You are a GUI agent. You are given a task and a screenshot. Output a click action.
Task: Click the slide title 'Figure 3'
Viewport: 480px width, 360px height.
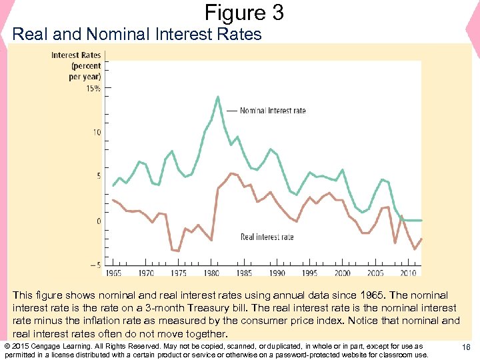click(x=244, y=12)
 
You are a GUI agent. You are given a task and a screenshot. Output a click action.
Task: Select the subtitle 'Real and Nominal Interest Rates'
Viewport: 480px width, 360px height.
click(x=137, y=34)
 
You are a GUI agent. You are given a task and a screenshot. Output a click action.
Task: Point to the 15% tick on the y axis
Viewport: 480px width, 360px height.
click(x=93, y=88)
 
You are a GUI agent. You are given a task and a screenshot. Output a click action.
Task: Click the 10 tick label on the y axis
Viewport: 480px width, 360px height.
click(x=97, y=133)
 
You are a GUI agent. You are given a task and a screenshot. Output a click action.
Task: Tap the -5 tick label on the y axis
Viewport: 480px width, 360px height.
click(x=95, y=265)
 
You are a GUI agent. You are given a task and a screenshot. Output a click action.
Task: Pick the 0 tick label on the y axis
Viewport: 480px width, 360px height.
click(x=98, y=221)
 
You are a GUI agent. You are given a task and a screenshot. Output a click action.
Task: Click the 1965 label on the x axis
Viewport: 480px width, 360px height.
click(x=113, y=273)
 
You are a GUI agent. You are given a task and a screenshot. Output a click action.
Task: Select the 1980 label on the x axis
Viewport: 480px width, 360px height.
click(x=211, y=273)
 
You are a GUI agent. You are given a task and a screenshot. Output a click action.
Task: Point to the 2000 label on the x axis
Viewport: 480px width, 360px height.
click(x=342, y=273)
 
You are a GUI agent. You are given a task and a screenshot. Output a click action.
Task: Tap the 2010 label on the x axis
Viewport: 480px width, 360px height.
click(x=407, y=273)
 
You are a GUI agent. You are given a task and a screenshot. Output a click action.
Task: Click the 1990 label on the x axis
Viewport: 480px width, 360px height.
click(x=277, y=273)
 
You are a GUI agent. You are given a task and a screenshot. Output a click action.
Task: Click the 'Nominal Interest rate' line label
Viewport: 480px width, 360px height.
click(x=273, y=111)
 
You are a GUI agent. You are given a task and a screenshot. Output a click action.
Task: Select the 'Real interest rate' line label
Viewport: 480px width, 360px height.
click(x=267, y=237)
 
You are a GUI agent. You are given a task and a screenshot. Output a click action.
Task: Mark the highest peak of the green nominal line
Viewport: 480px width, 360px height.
click(x=218, y=97)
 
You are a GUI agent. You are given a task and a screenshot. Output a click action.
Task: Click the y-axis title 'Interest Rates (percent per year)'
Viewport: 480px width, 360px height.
click(x=77, y=66)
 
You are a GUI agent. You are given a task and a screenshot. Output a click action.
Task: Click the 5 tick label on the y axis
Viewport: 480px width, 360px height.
click(x=98, y=176)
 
